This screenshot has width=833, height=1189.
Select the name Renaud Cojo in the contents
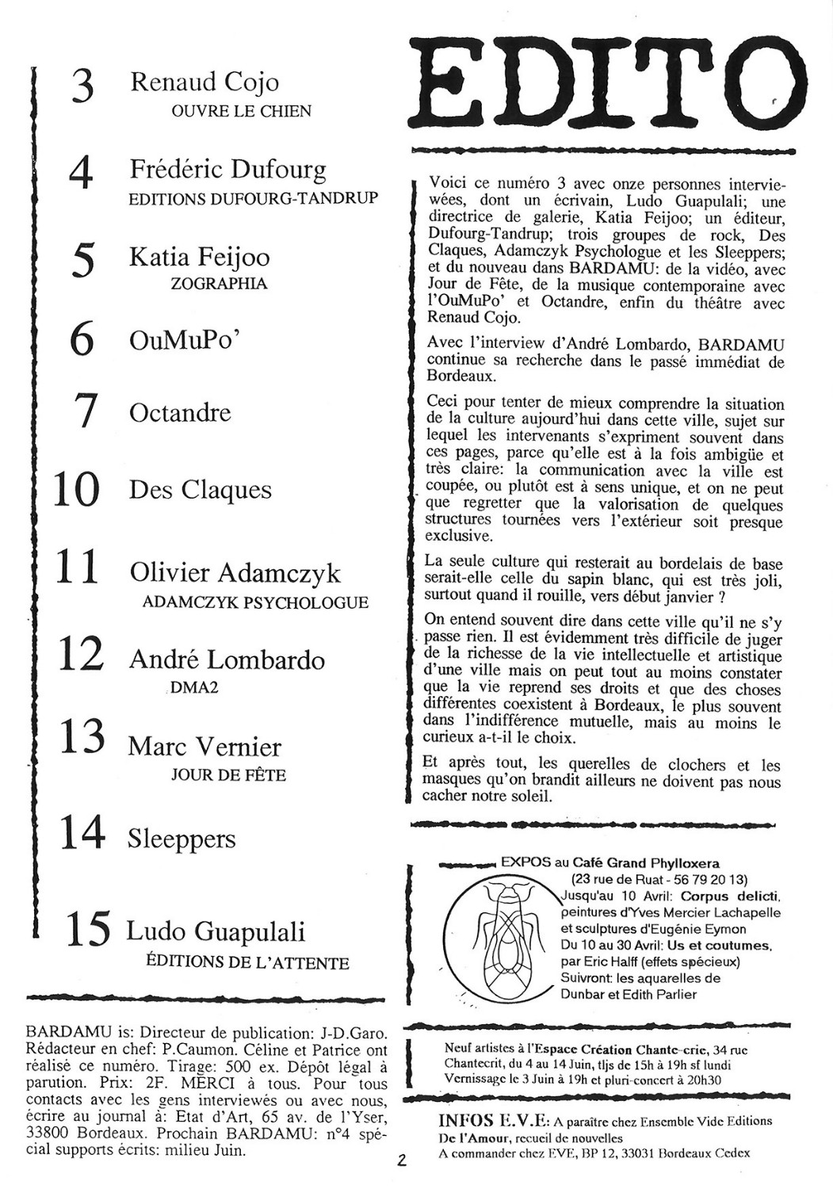point(204,82)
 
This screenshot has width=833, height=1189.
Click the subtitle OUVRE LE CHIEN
point(241,112)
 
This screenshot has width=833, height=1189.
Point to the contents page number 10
point(76,490)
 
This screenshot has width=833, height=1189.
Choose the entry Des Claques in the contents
point(200,490)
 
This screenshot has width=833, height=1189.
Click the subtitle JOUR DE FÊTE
point(228,774)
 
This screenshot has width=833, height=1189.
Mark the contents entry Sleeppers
point(182,839)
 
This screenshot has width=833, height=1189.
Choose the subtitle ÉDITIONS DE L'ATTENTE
point(247,963)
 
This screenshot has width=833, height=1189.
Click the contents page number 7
point(83,412)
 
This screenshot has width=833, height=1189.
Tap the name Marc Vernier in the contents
point(204,747)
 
